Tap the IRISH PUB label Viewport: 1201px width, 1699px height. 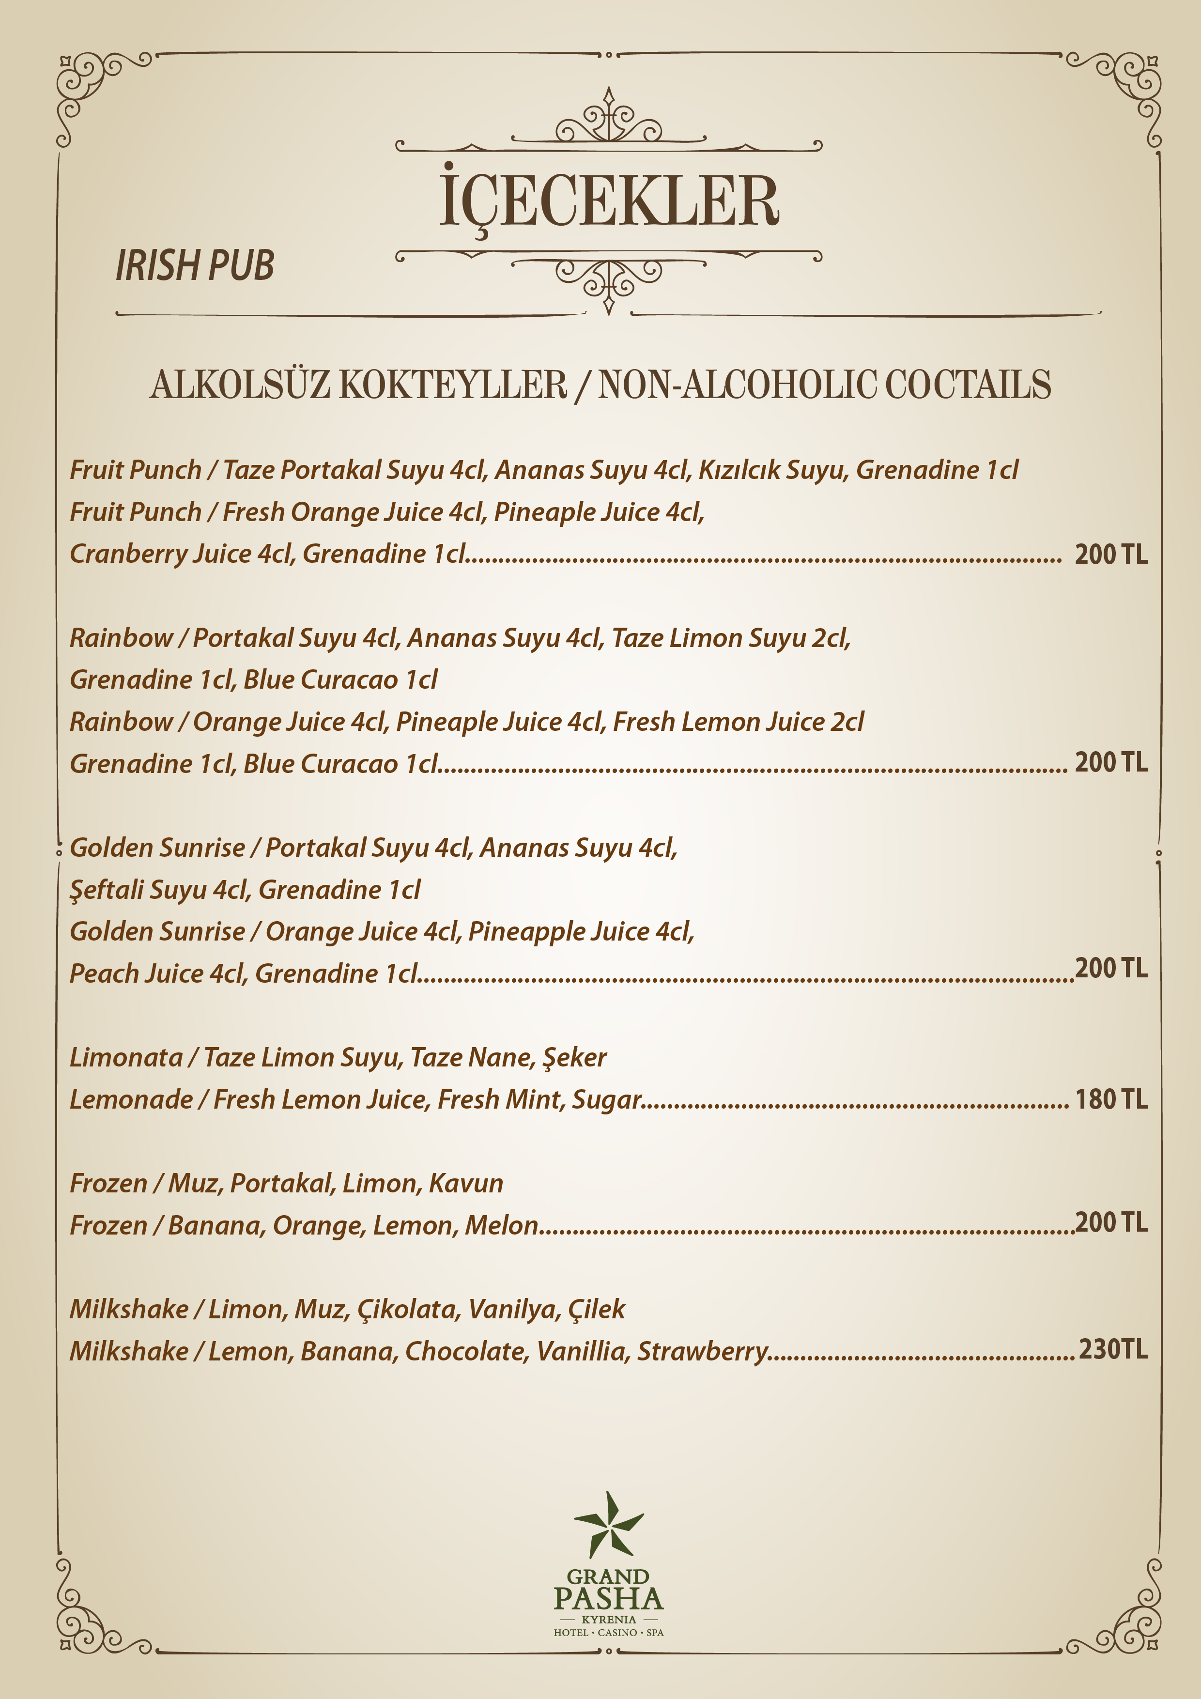(x=195, y=266)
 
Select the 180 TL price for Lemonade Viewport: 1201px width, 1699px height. (x=1111, y=1099)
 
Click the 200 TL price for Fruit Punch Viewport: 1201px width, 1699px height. (x=1111, y=554)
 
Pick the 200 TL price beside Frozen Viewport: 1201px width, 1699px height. (x=1111, y=1222)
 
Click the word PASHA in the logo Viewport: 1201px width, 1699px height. (x=608, y=1599)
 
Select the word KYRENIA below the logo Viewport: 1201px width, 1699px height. (x=608, y=1619)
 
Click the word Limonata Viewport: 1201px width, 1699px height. (x=126, y=1057)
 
